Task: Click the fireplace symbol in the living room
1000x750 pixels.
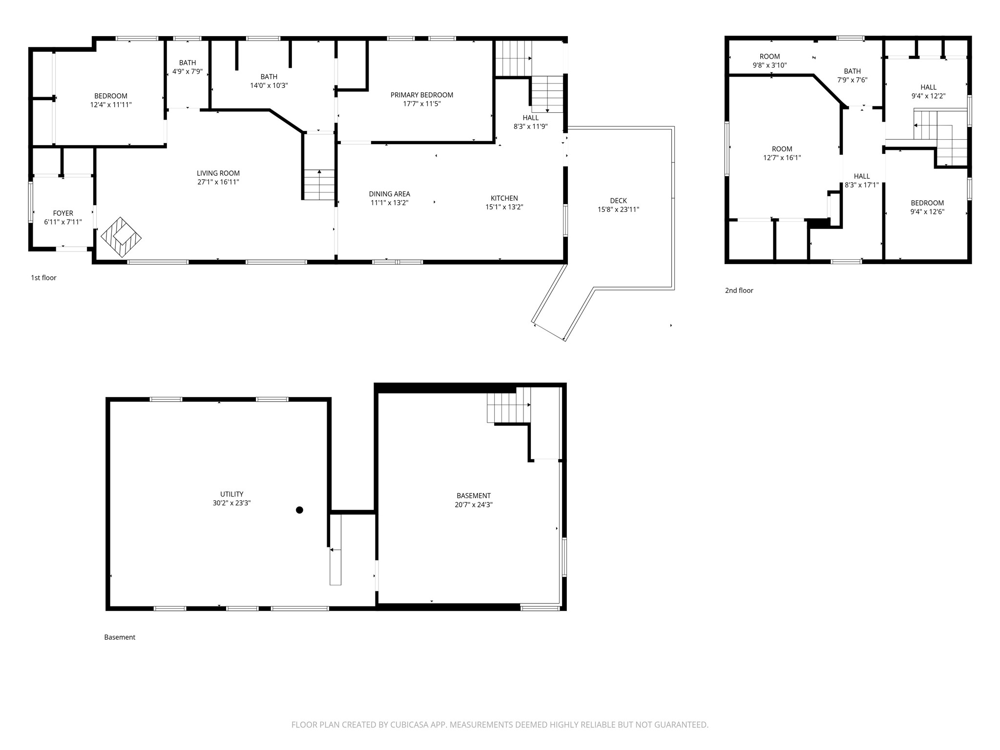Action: (x=121, y=237)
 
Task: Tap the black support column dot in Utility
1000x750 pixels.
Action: (x=300, y=510)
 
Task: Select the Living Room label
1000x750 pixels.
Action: (x=218, y=173)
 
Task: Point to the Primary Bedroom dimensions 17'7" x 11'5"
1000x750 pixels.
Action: (x=422, y=104)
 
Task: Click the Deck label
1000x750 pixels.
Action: (x=619, y=201)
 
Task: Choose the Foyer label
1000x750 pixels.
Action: (x=63, y=213)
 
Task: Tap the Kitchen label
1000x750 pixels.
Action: (x=504, y=198)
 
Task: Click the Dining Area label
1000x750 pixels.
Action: (x=390, y=194)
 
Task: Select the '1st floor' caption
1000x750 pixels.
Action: (x=44, y=278)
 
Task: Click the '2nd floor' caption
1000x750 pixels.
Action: (x=739, y=291)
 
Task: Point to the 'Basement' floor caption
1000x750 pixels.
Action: (x=120, y=637)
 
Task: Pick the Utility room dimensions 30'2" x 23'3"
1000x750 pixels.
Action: (x=232, y=503)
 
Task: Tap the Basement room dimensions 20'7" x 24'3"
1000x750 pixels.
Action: (x=474, y=505)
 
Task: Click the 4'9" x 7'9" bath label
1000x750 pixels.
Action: (x=187, y=67)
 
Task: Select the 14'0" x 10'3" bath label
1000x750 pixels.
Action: (x=269, y=81)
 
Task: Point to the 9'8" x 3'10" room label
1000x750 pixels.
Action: (x=770, y=61)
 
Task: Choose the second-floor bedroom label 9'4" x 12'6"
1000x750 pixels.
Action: (x=927, y=208)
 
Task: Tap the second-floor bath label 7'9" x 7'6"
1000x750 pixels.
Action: (x=853, y=76)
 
